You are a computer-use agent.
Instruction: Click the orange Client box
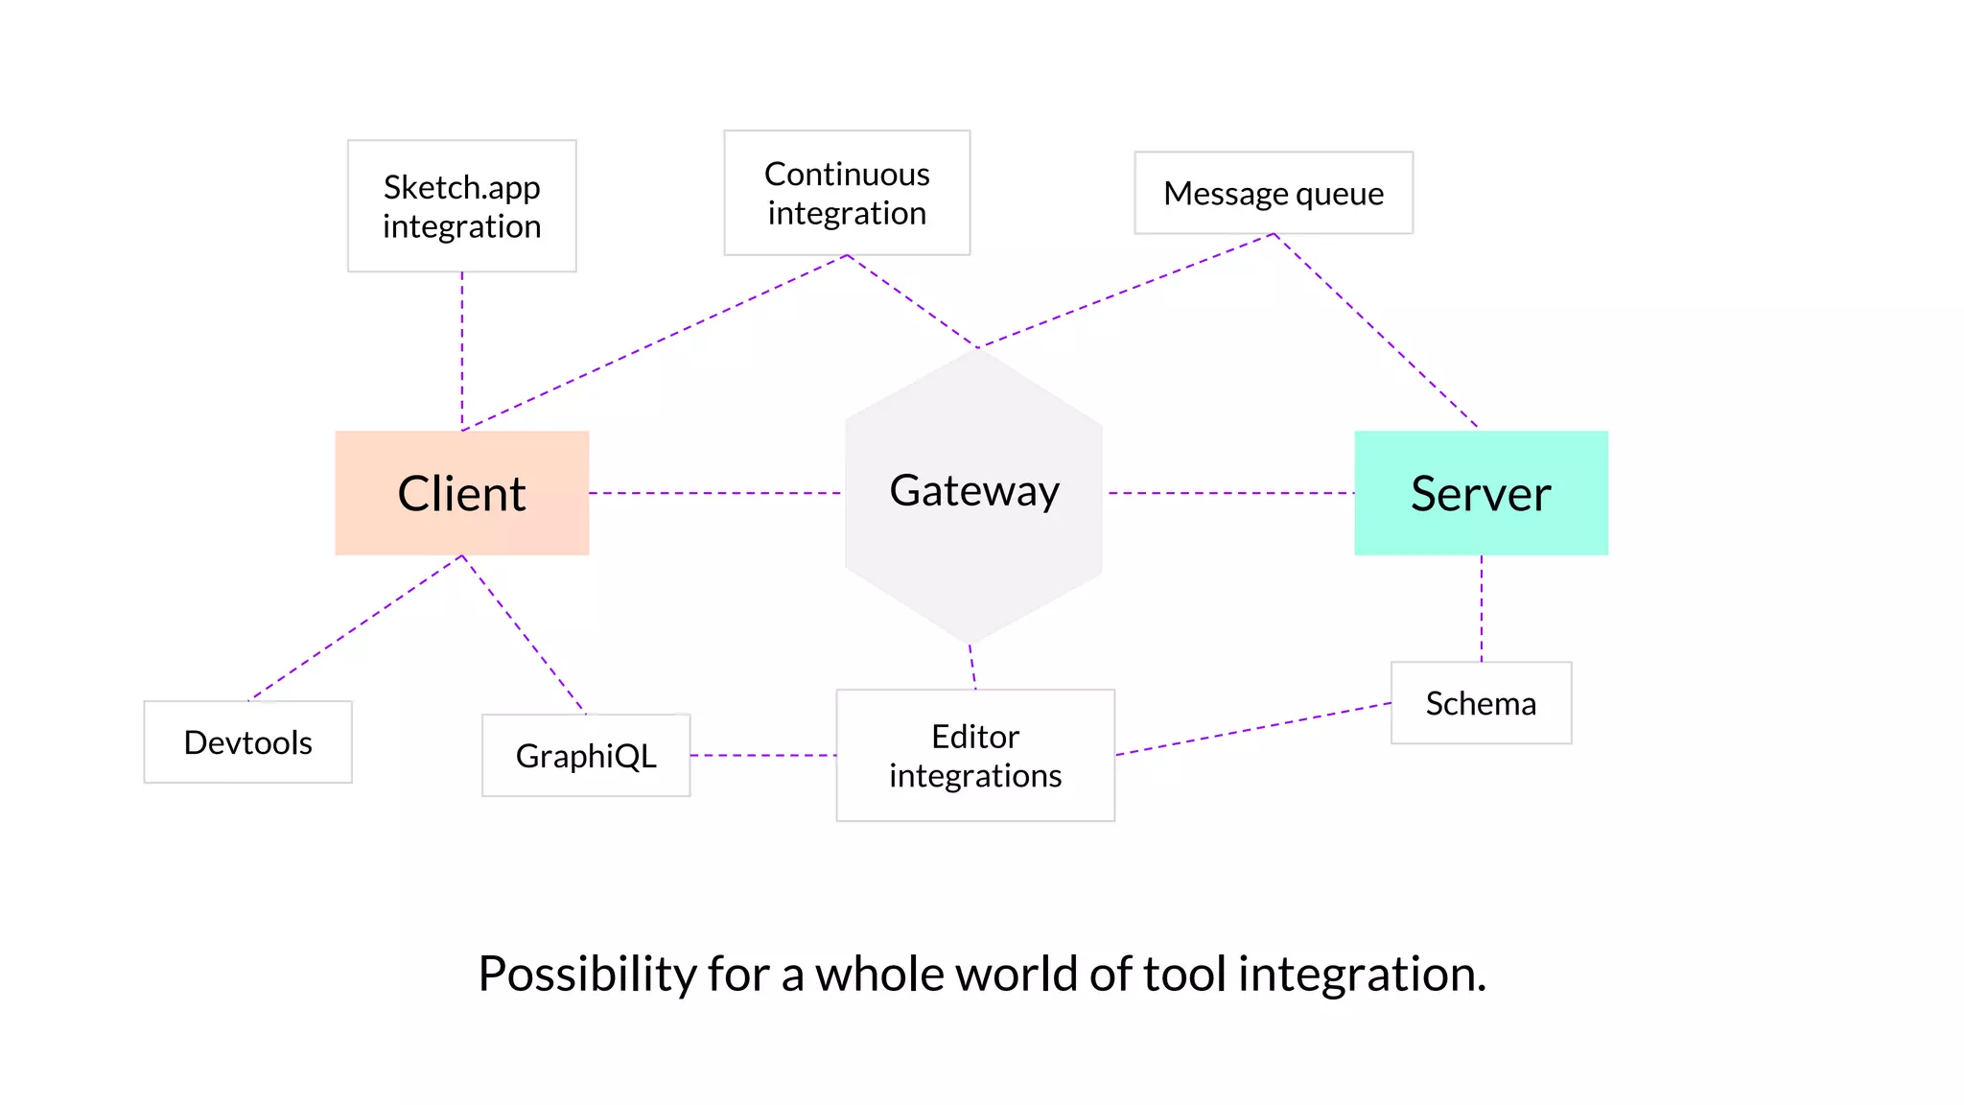461,493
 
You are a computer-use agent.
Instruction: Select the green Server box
1481,493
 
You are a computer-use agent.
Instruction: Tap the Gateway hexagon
973,491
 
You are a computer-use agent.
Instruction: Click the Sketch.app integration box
461,206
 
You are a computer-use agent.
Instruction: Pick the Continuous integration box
847,193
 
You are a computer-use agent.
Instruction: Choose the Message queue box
1274,193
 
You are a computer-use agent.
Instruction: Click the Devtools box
247,742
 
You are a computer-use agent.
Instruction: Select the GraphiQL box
586,756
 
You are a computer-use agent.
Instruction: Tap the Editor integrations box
975,756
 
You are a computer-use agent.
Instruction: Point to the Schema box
1481,703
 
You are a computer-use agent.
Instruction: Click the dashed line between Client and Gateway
714,493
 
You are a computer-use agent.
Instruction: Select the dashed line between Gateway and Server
1230,493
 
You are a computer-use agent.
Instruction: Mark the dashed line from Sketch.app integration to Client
462,350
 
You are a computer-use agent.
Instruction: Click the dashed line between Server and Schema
1482,608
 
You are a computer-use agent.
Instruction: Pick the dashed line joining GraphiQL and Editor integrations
762,756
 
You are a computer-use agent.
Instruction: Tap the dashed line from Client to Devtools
355,627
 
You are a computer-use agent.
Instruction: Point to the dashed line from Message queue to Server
1376,331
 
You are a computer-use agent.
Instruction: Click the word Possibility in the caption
587,975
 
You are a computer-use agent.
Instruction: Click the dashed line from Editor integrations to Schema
1252,729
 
